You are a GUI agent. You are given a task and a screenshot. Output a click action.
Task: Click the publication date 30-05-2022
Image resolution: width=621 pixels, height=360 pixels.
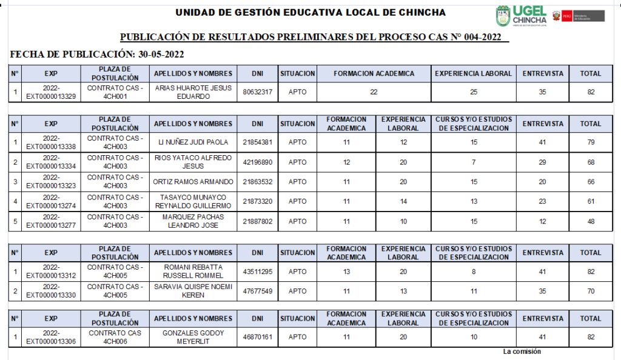tap(161, 55)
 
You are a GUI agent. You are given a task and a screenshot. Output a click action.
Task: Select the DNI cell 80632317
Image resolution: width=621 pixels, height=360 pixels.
tap(257, 92)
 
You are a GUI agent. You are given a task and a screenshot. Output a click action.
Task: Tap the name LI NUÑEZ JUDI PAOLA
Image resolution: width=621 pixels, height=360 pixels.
tap(193, 142)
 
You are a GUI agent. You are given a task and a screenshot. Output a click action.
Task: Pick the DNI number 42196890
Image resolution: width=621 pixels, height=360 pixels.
tap(257, 162)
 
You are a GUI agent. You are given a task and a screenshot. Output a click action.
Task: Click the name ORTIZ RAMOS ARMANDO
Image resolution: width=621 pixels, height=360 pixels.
tap(193, 182)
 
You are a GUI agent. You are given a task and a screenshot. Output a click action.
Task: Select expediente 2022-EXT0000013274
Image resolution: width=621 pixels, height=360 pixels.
tap(51, 202)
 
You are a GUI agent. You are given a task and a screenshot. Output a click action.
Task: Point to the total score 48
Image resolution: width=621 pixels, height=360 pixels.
tap(590, 221)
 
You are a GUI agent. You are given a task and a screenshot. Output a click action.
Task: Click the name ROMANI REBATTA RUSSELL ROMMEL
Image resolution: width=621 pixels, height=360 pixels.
tap(193, 272)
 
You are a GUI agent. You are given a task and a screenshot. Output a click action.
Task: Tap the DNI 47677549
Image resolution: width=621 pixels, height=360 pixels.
tap(257, 291)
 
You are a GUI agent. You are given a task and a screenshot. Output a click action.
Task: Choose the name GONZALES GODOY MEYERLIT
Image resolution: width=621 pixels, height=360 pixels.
tap(193, 337)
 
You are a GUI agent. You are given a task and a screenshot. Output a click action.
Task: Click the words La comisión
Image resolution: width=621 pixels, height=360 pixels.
tap(522, 352)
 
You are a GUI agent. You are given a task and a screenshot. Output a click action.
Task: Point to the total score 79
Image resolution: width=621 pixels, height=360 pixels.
tap(590, 142)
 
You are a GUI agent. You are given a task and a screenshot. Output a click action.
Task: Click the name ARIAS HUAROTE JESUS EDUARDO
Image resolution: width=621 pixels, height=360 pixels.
tap(193, 92)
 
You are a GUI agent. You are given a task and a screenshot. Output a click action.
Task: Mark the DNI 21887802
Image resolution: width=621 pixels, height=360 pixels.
tap(257, 221)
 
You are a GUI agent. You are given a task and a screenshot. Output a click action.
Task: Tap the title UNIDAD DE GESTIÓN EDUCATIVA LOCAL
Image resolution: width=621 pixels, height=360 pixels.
tap(310, 13)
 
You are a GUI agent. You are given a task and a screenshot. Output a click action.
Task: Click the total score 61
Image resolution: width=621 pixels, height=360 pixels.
tap(590, 202)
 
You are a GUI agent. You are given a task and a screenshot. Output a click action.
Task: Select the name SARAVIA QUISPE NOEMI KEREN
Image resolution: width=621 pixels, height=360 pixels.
tap(193, 291)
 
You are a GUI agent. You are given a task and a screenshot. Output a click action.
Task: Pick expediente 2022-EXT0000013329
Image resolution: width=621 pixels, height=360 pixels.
tap(51, 92)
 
